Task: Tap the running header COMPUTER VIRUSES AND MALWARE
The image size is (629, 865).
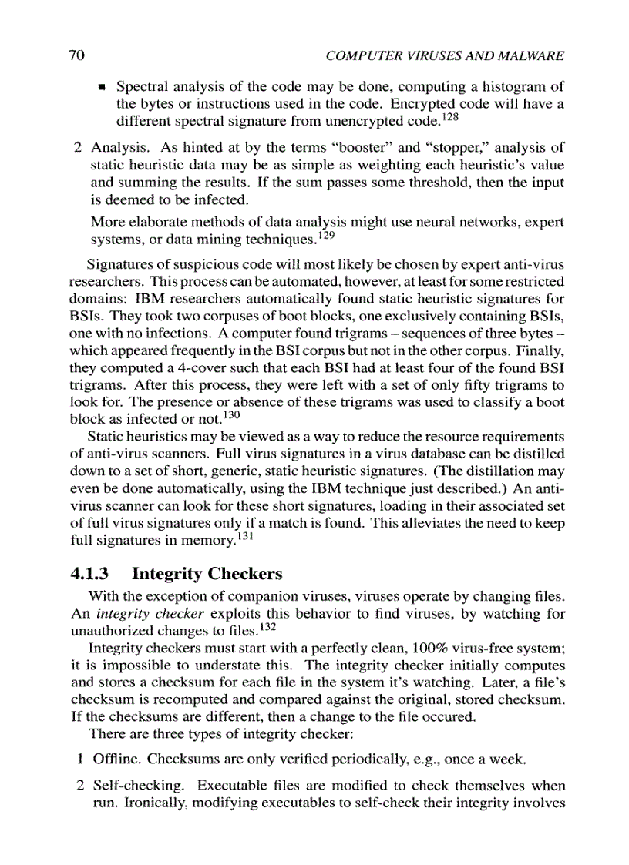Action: click(446, 56)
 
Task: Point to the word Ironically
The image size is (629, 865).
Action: click(124, 803)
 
